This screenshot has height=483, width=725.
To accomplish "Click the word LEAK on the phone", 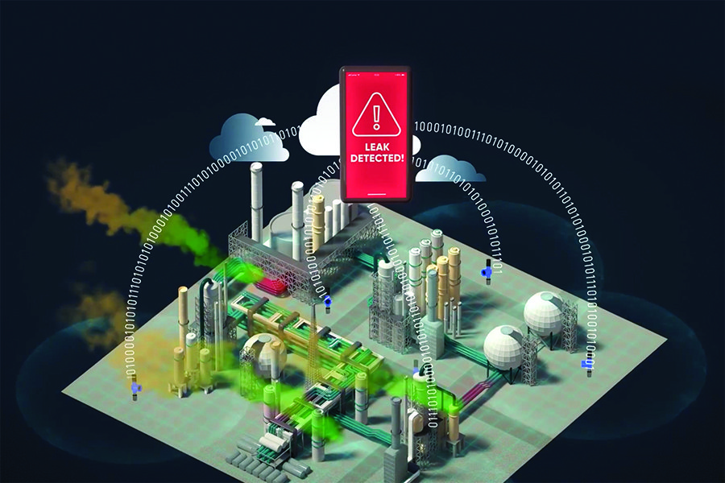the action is pos(377,147).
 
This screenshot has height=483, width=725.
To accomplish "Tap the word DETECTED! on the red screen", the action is pos(377,158).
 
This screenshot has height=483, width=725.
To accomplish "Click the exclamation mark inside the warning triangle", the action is pos(376,118).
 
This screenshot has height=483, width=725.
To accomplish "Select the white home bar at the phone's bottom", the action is pos(376,195).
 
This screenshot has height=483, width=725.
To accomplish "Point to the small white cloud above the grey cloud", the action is pos(265,122).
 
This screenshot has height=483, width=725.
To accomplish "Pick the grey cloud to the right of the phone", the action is pos(449,170).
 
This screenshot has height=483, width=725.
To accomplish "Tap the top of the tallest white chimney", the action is pos(257,166).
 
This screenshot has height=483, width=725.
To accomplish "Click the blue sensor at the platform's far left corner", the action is pos(135,387).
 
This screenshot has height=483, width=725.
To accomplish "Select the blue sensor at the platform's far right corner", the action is pos(587,365).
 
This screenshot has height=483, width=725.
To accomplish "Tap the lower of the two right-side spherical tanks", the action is pos(504,347).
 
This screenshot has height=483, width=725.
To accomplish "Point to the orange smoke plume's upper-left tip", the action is pos(51,167).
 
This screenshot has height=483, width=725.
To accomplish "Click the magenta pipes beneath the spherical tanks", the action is pos(481,387).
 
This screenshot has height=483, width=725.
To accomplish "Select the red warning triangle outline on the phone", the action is pos(376,116).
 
